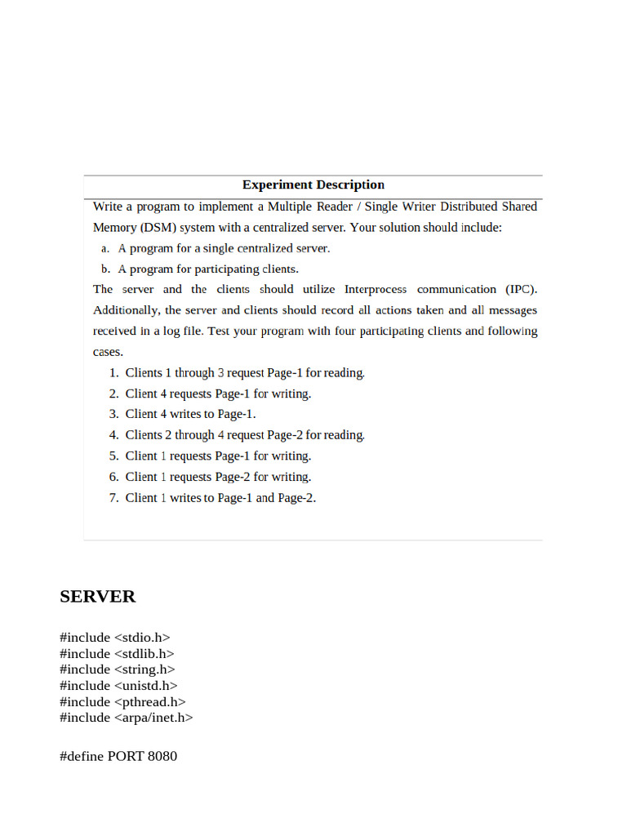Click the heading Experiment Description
[x=313, y=185]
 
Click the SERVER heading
[x=97, y=597]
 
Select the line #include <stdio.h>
[x=114, y=638]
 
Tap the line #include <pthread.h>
[x=122, y=701]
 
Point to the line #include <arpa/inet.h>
[x=126, y=718]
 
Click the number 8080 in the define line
[x=162, y=756]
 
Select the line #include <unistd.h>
[x=118, y=686]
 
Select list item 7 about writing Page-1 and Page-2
[x=220, y=498]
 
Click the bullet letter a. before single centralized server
[x=105, y=248]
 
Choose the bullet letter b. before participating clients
[x=105, y=269]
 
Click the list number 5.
[x=113, y=456]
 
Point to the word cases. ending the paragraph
[x=108, y=352]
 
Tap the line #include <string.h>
[x=117, y=669]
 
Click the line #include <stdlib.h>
[x=117, y=654]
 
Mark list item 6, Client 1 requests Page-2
[x=218, y=477]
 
